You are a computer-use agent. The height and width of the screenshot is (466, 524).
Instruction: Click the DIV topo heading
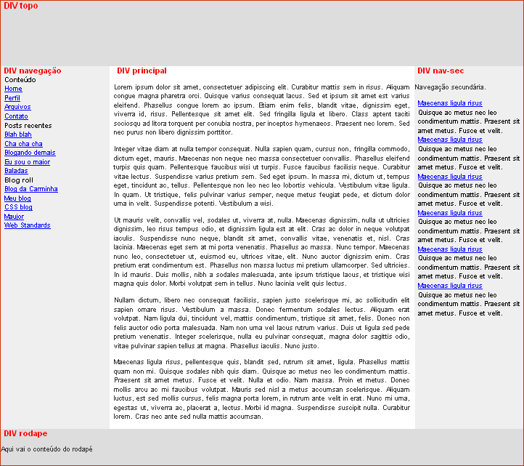pos(20,6)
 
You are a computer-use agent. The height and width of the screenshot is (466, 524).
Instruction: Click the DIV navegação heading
pos(32,71)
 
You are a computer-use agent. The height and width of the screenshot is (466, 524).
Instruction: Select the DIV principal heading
pos(142,71)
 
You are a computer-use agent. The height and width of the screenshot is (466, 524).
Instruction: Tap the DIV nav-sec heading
pos(441,71)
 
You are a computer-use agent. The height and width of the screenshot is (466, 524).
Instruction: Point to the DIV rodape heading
pos(25,433)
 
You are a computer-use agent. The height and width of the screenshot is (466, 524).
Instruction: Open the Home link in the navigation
pos(13,89)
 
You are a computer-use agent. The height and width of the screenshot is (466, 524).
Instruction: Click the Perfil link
pos(12,98)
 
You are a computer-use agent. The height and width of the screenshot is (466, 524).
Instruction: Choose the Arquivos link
pos(17,107)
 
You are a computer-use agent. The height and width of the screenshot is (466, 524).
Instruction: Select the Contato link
pos(16,116)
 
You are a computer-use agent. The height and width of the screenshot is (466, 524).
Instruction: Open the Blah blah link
pos(18,134)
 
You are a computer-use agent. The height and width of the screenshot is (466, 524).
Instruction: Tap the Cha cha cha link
pos(23,144)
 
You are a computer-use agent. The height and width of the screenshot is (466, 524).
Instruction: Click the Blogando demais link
pos(30,153)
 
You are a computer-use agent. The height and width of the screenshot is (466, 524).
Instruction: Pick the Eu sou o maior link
pos(27,162)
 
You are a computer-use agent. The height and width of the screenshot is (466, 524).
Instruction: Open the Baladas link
pos(16,171)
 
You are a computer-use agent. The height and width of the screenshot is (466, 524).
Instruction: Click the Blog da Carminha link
pos(30,189)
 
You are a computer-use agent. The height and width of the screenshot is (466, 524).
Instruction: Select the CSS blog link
pos(18,207)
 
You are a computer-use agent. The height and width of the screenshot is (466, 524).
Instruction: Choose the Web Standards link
pos(28,225)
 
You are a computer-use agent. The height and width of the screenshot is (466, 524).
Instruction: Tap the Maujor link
pos(14,217)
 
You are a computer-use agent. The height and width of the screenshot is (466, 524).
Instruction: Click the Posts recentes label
pos(28,126)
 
